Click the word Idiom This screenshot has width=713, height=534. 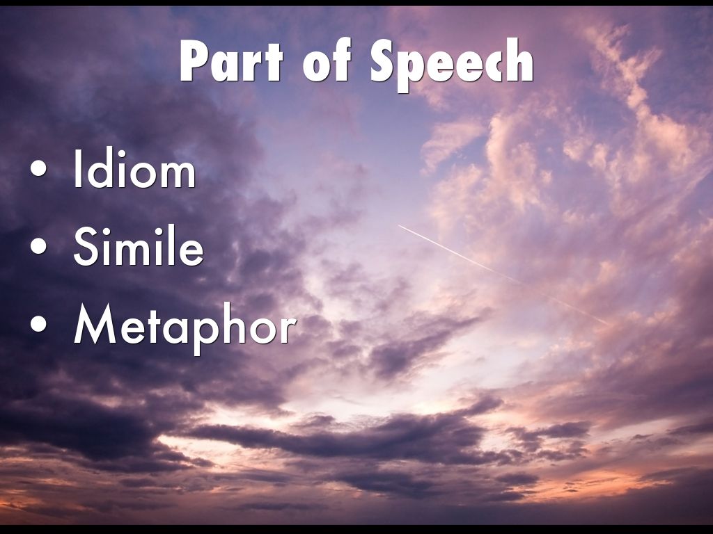pyautogui.click(x=134, y=172)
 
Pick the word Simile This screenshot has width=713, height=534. pyautogui.click(x=139, y=248)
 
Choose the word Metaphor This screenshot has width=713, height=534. pyautogui.click(x=185, y=325)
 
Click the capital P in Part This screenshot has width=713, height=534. pyautogui.click(x=196, y=63)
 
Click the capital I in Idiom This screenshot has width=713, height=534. pyautogui.click(x=79, y=172)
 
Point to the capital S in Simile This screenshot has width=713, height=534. pyautogui.click(x=86, y=248)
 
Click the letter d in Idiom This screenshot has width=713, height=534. pyautogui.click(x=104, y=172)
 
